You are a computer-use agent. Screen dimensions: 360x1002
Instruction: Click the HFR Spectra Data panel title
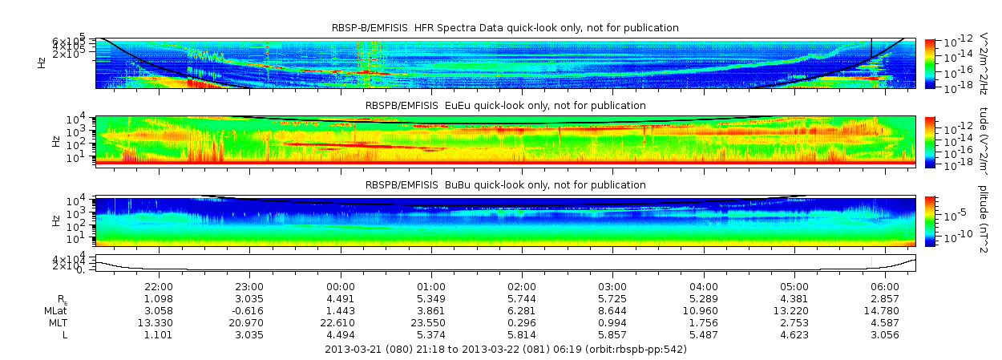tap(505, 28)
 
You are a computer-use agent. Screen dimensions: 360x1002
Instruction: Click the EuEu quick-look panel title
tap(505, 106)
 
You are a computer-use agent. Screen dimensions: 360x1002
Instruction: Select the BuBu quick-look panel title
tap(505, 185)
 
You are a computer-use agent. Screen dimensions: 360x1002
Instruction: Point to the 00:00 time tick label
tap(341, 286)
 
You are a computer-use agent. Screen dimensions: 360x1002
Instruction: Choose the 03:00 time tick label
tap(612, 286)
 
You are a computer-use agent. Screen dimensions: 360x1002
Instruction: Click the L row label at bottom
tap(65, 334)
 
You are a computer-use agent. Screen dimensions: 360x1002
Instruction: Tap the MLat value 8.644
tap(612, 310)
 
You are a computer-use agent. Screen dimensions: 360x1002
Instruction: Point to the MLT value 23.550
tap(431, 322)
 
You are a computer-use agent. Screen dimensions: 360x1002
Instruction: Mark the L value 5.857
tap(612, 334)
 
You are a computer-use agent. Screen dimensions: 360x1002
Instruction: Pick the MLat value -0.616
tap(249, 310)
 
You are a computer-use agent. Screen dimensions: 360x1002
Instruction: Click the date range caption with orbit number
tap(505, 350)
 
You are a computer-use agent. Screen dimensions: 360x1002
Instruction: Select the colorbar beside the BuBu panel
tap(930, 220)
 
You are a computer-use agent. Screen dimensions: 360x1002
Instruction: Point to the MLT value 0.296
tap(522, 322)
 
